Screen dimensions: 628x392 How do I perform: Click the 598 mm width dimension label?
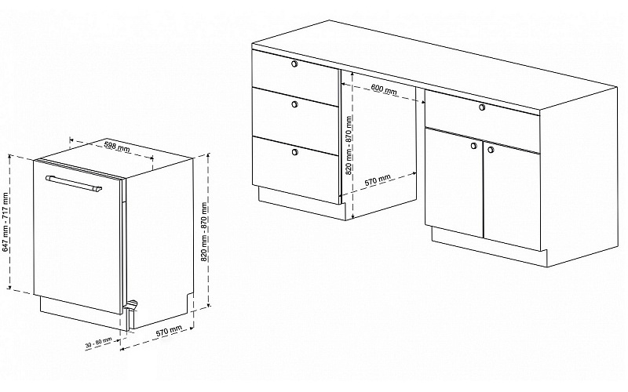[x=117, y=147]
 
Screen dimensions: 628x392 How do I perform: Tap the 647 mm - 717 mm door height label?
[x=5, y=223]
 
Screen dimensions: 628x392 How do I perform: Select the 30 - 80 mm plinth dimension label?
[x=99, y=343]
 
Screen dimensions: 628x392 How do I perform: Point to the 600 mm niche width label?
[x=383, y=89]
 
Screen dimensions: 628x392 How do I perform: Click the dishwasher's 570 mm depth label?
[x=168, y=332]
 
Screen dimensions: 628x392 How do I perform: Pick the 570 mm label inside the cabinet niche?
[x=378, y=180]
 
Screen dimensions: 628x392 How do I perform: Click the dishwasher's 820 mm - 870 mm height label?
[x=204, y=232]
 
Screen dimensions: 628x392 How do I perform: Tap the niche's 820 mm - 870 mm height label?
[x=349, y=145]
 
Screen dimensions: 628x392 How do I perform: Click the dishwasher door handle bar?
[x=74, y=183]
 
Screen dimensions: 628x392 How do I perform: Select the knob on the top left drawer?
[x=294, y=64]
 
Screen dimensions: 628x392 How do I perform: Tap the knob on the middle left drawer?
[x=295, y=104]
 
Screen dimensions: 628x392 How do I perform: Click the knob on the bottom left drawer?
[x=295, y=151]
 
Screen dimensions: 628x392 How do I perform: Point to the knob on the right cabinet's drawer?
[x=482, y=107]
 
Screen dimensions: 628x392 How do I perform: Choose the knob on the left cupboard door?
[x=474, y=146]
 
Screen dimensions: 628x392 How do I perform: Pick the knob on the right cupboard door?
[x=491, y=150]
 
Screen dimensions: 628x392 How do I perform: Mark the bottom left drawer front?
[x=296, y=168]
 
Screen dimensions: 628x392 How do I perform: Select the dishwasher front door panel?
[x=78, y=236]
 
